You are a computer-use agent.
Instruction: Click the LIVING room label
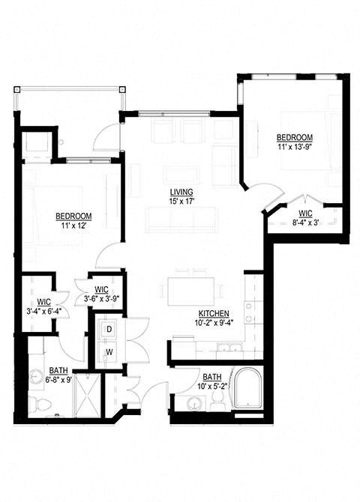click(180, 190)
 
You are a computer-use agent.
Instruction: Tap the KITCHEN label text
click(214, 313)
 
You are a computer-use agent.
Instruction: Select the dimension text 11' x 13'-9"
click(294, 148)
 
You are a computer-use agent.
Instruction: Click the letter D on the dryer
click(108, 328)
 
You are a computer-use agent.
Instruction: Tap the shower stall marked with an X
click(87, 393)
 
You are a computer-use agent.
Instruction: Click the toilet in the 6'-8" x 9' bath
click(42, 405)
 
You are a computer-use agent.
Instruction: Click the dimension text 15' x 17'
click(180, 200)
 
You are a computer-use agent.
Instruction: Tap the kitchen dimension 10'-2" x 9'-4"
click(214, 324)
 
